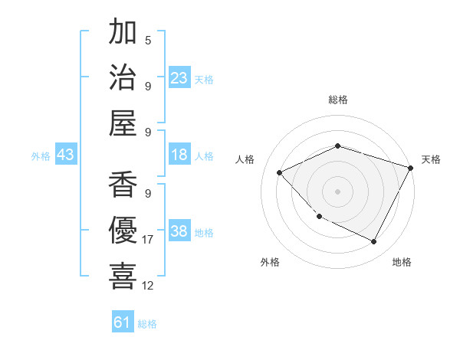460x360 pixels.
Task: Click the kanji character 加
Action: [x=123, y=33]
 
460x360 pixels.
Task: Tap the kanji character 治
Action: [x=123, y=77]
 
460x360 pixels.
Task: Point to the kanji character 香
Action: [x=123, y=187]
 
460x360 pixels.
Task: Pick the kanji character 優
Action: [x=123, y=231]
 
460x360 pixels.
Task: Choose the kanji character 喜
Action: [x=123, y=276]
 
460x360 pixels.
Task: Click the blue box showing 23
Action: [x=179, y=77]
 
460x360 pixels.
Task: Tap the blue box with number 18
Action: [x=179, y=155]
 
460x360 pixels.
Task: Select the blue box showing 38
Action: [x=179, y=232]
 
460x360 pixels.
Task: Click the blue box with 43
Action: [x=66, y=155]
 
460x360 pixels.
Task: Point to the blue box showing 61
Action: [x=123, y=322]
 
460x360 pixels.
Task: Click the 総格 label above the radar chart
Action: [x=337, y=100]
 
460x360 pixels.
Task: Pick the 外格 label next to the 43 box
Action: [x=41, y=156]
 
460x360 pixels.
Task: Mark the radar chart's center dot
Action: [x=337, y=191]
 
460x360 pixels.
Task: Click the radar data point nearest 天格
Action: [x=411, y=168]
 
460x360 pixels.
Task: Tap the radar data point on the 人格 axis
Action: [x=280, y=172]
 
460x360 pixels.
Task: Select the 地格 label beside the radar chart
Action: [x=402, y=262]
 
